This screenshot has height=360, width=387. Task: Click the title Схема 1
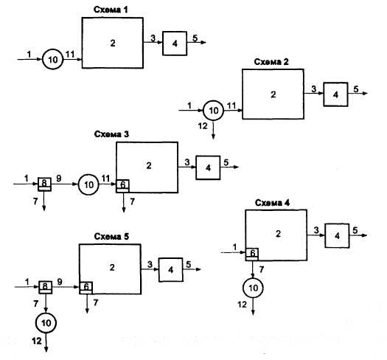tap(111, 10)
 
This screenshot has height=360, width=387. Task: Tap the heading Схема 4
tap(272, 203)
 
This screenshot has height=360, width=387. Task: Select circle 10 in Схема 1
tap(53, 60)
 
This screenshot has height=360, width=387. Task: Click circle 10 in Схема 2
tap(214, 111)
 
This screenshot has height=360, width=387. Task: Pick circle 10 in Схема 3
tap(88, 184)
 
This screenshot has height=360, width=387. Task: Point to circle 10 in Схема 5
tap(46, 323)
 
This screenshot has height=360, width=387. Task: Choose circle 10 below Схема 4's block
tap(253, 288)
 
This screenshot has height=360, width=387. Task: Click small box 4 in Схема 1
tap(175, 44)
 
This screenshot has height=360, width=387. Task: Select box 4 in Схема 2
tap(335, 94)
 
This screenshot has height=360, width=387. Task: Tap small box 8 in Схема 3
tap(44, 184)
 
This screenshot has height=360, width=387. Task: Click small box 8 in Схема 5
tap(46, 288)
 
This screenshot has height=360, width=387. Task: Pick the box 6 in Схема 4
tap(252, 255)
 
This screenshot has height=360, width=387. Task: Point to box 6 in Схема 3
tap(122, 186)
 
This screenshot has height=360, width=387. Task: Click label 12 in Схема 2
tap(203, 126)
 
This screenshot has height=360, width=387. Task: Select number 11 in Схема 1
tap(70, 55)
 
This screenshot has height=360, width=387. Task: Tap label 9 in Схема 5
tap(60, 282)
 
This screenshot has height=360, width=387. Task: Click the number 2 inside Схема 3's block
tap(149, 165)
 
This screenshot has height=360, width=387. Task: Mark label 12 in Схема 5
tap(37, 341)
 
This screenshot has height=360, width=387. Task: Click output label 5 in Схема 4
tap(355, 230)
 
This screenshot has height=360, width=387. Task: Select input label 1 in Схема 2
tap(189, 105)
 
